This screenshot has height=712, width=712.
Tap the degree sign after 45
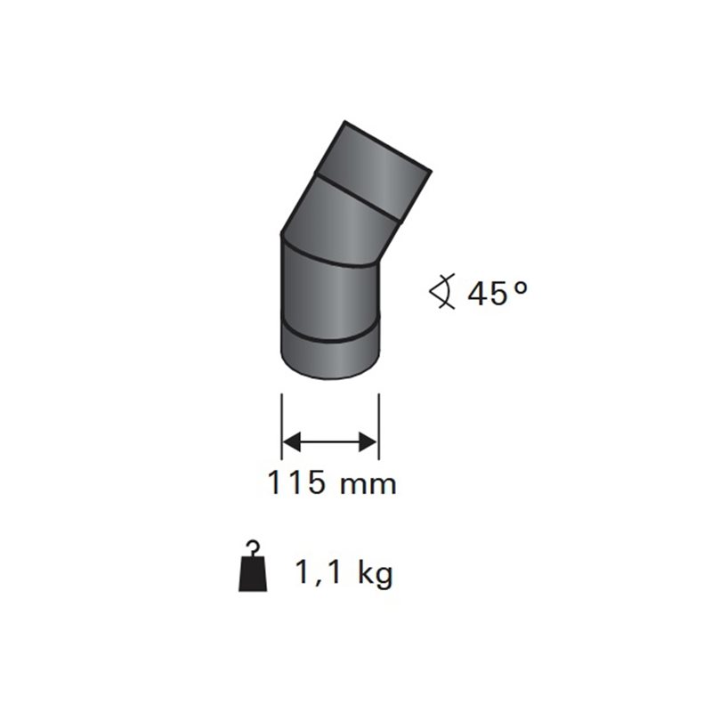[521, 287]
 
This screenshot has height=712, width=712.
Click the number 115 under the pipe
[297, 481]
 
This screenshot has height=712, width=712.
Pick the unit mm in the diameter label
[368, 485]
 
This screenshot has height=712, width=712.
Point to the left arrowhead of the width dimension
[292, 441]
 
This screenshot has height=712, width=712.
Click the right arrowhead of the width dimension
[368, 441]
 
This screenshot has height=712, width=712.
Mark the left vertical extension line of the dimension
[282, 426]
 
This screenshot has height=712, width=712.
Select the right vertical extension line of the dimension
[379, 426]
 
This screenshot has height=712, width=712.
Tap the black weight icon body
[253, 574]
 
